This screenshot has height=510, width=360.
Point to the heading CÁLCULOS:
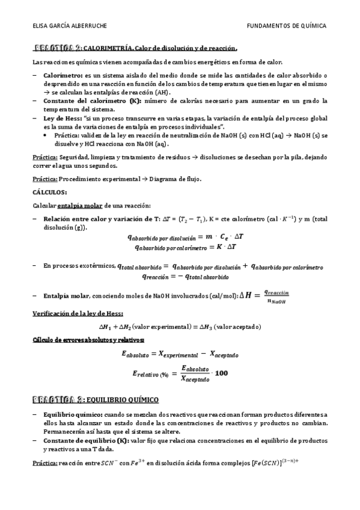click(49, 192)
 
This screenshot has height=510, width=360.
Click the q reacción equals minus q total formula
click(185, 277)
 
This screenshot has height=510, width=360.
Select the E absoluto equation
click(180, 354)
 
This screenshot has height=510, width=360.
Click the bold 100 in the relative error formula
click(221, 373)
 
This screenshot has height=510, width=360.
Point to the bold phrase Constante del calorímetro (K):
click(88, 101)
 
